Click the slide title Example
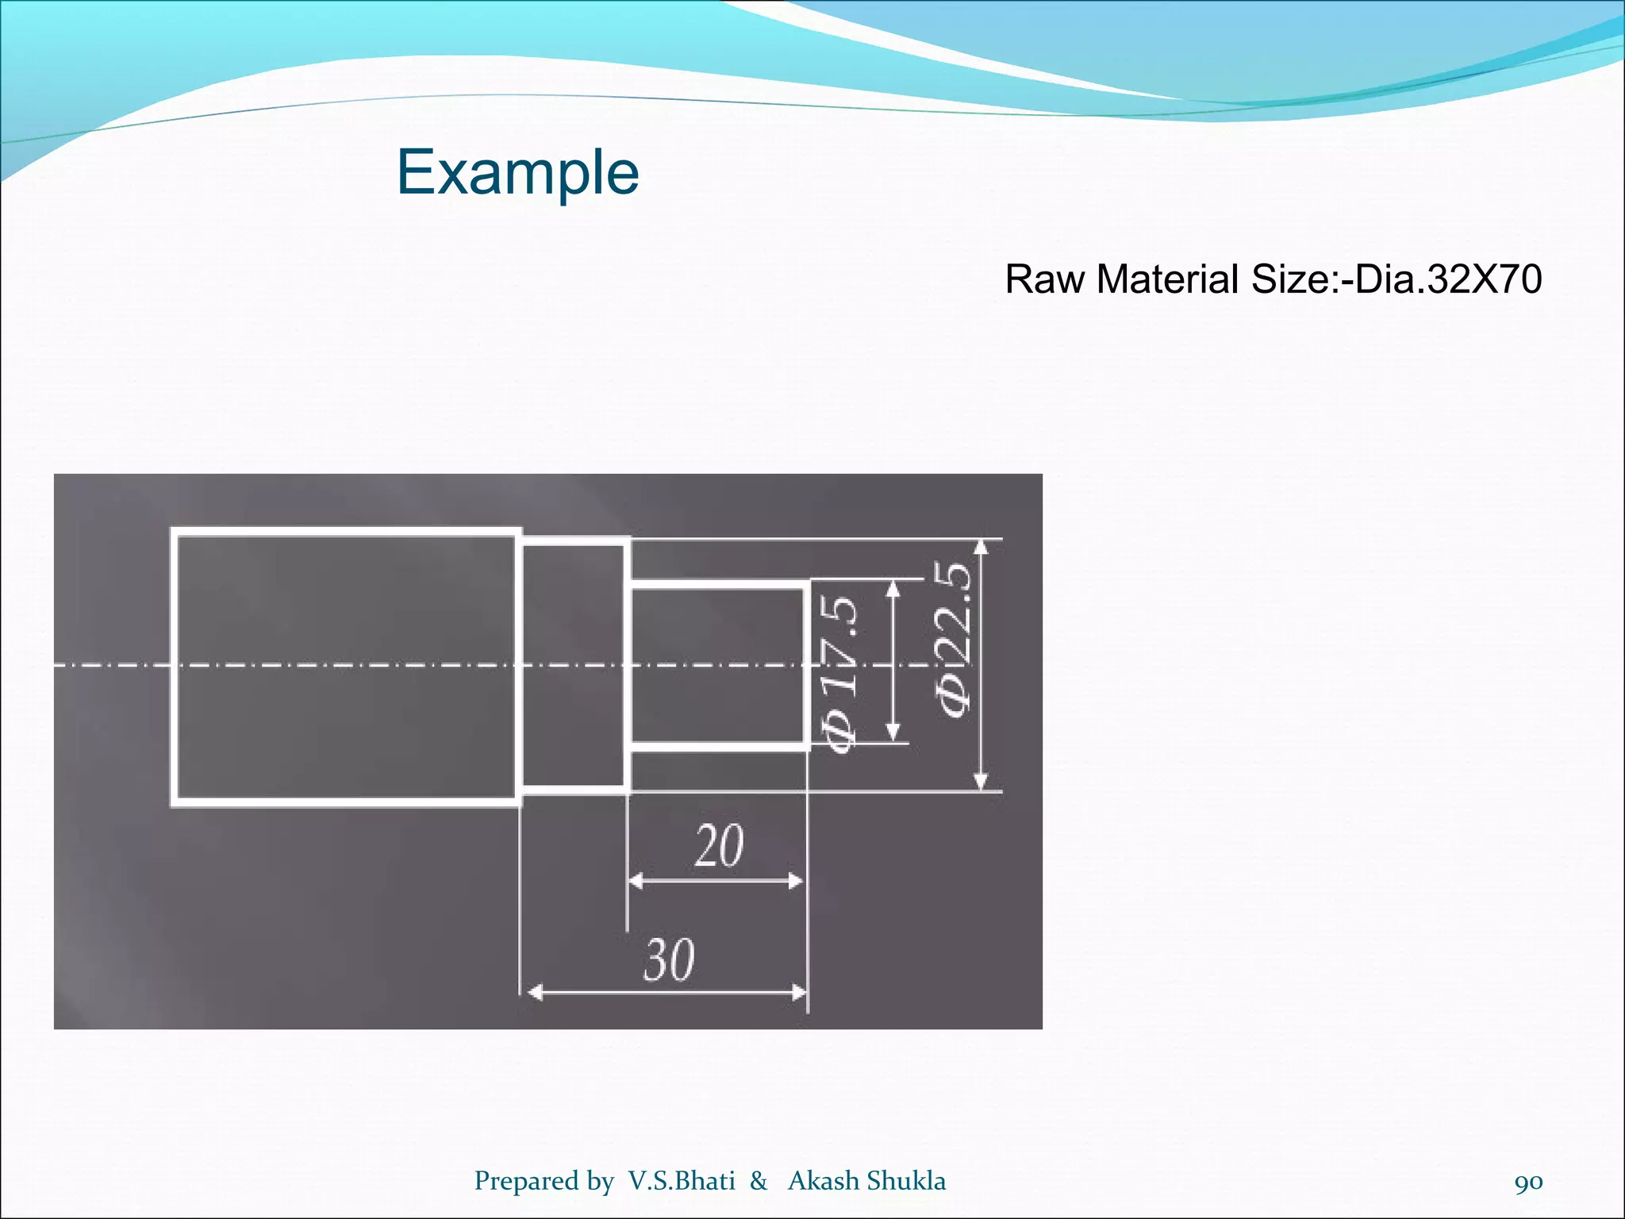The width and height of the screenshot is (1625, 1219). coord(517,172)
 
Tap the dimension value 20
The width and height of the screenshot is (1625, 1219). coord(719,846)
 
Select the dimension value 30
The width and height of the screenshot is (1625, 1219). coord(669,960)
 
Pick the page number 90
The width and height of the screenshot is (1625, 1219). coord(1528,1182)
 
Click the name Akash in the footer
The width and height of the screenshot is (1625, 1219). coord(824,1181)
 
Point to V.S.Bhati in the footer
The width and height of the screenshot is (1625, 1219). coord(682,1181)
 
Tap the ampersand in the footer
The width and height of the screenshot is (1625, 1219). coord(759,1181)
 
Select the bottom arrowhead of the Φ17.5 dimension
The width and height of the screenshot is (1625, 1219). coord(893,733)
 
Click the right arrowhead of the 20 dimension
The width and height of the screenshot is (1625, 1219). coord(794,881)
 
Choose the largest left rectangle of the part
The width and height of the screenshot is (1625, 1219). coord(346,667)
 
